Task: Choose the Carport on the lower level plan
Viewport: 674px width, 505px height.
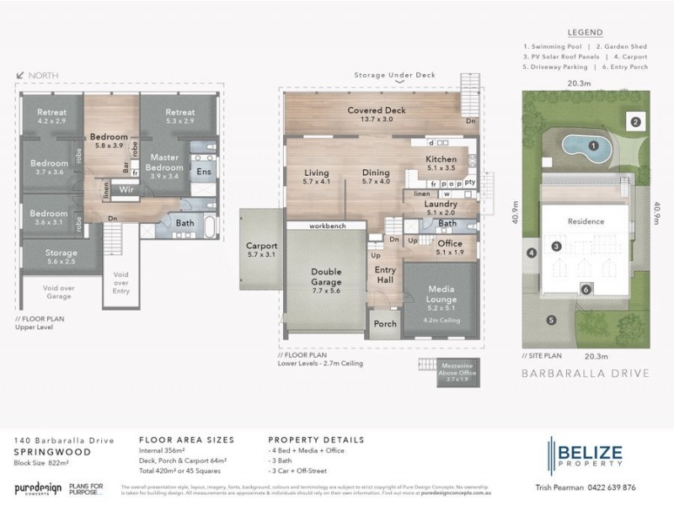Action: [261, 250]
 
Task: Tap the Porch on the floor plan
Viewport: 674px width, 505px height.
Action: [385, 324]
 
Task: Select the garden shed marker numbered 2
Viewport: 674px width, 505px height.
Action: [636, 122]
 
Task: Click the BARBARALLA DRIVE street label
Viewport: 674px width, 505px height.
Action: [586, 372]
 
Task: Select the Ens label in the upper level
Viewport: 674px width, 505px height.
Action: [203, 172]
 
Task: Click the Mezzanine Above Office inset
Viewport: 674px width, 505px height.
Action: [456, 373]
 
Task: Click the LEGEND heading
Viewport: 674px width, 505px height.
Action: [586, 33]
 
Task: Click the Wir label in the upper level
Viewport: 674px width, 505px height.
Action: [127, 190]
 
